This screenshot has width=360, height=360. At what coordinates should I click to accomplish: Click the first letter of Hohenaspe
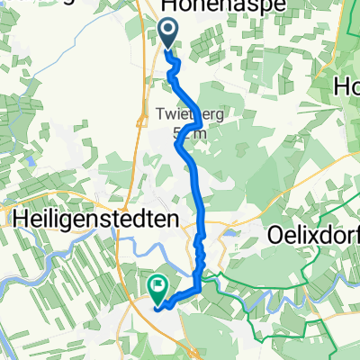[169, 7]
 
